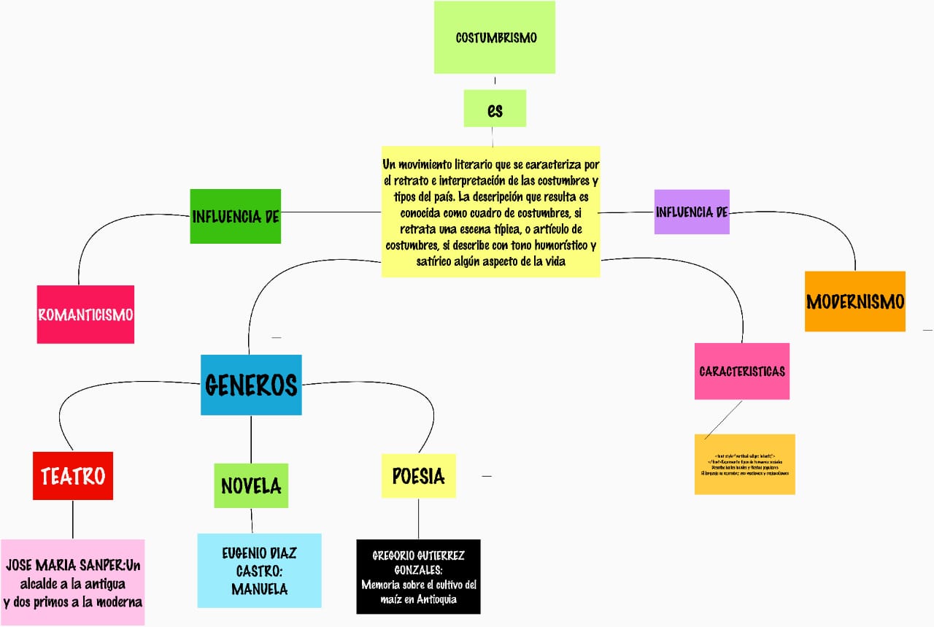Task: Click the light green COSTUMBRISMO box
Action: coord(495,37)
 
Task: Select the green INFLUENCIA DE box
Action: coord(235,216)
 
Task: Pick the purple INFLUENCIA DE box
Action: coord(692,212)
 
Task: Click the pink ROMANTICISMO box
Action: coord(85,315)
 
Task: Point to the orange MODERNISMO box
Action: coord(854,301)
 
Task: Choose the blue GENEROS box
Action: coord(251,385)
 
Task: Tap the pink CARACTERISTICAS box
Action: coord(741,372)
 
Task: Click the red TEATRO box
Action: coord(73,476)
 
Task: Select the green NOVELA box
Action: coord(251,485)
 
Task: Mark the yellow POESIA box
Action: coord(418,476)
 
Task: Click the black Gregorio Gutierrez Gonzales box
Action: coord(418,577)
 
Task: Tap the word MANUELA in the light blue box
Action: coord(259,588)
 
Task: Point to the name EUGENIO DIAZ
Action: coord(259,553)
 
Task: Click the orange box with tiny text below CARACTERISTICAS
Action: coord(744,465)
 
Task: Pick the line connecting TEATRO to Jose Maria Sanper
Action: coord(73,519)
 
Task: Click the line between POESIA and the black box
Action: coord(418,518)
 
